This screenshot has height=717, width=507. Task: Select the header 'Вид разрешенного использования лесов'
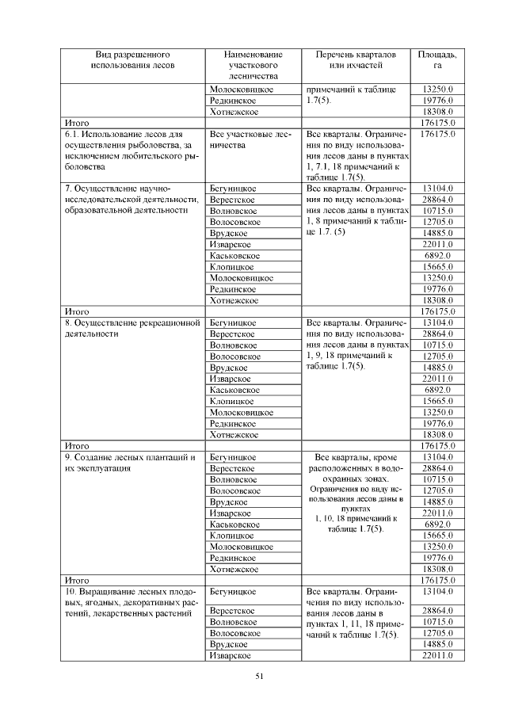click(x=133, y=60)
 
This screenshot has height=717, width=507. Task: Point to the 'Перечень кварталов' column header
click(x=350, y=60)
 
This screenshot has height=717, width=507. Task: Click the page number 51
click(x=259, y=675)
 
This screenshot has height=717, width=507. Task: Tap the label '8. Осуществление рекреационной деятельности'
click(x=132, y=329)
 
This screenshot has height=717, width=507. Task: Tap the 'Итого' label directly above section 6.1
click(x=77, y=124)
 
